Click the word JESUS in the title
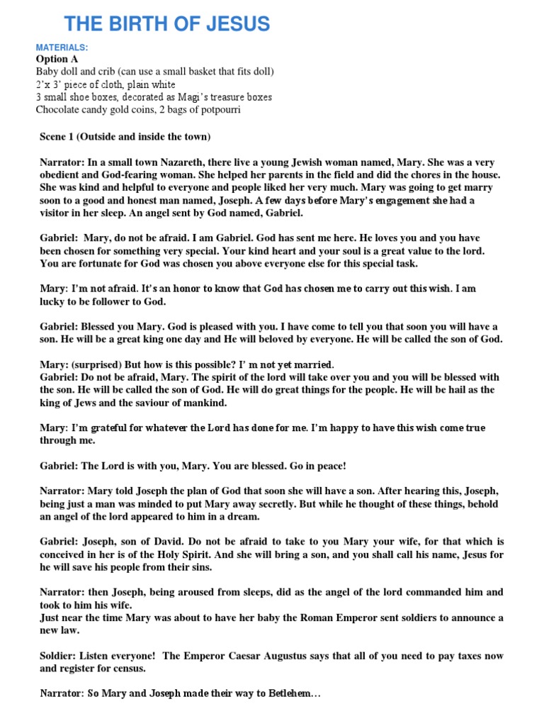(x=236, y=24)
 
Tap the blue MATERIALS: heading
(x=62, y=48)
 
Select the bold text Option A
(x=57, y=60)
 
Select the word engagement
(x=390, y=201)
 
